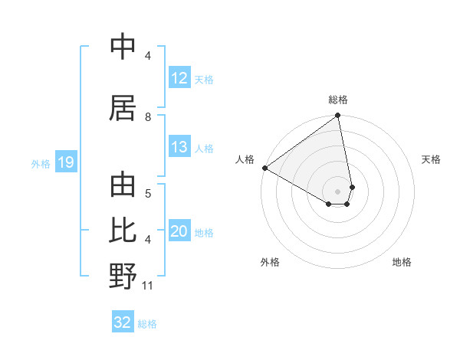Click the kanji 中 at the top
pos(123,47)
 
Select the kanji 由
pos(123,185)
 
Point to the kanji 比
pos(123,230)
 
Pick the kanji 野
pos(123,276)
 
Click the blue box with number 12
pos(179,78)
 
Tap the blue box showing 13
pos(179,147)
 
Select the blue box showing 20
pos(179,232)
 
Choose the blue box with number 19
pos(65,162)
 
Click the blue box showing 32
pos(123,322)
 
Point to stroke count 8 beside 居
pos(148,116)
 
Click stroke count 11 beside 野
pos(148,286)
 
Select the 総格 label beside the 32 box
pos(147,324)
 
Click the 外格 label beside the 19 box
pos(41,163)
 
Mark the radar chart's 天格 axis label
pos(431,159)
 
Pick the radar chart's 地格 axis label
pos(402,262)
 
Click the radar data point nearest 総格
pos(338,116)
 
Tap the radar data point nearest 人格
pos(264,168)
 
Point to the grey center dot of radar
pos(338,191)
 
